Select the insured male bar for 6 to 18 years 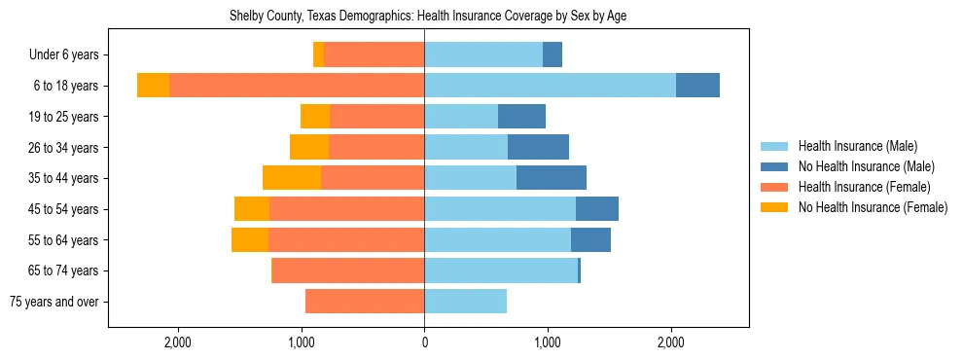point(550,86)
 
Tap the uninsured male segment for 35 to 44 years point(551,178)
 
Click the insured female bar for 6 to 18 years point(297,86)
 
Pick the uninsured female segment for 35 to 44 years point(292,178)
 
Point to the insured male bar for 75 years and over point(465,302)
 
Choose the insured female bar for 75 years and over point(365,302)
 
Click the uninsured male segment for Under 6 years point(553,55)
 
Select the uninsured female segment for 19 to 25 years point(315,117)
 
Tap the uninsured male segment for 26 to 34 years point(538,147)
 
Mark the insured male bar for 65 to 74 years point(501,270)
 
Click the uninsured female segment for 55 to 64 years point(250,239)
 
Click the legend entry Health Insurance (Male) point(857,146)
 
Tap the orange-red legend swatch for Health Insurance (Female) point(774,187)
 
